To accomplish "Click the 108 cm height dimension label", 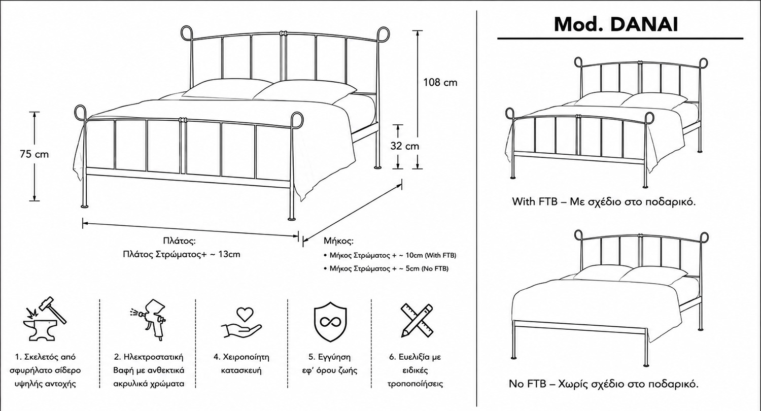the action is [x=440, y=83].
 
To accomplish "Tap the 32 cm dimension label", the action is [x=405, y=146].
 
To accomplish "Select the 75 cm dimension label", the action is [x=34, y=154].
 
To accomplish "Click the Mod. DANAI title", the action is [x=616, y=24].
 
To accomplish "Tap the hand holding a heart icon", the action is [x=241, y=323].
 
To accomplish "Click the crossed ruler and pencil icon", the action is [x=417, y=321].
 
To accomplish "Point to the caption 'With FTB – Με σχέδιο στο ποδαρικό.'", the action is [x=604, y=202].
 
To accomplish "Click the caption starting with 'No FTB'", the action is [x=603, y=384].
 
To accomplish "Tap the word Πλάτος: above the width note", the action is [x=180, y=241].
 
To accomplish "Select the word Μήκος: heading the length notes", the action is [x=338, y=241].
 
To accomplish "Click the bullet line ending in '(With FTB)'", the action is [x=390, y=255].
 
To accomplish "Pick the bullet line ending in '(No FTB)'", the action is [x=386, y=269].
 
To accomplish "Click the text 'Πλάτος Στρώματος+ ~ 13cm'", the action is [x=182, y=254].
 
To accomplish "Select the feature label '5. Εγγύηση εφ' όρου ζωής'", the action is [x=330, y=363].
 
